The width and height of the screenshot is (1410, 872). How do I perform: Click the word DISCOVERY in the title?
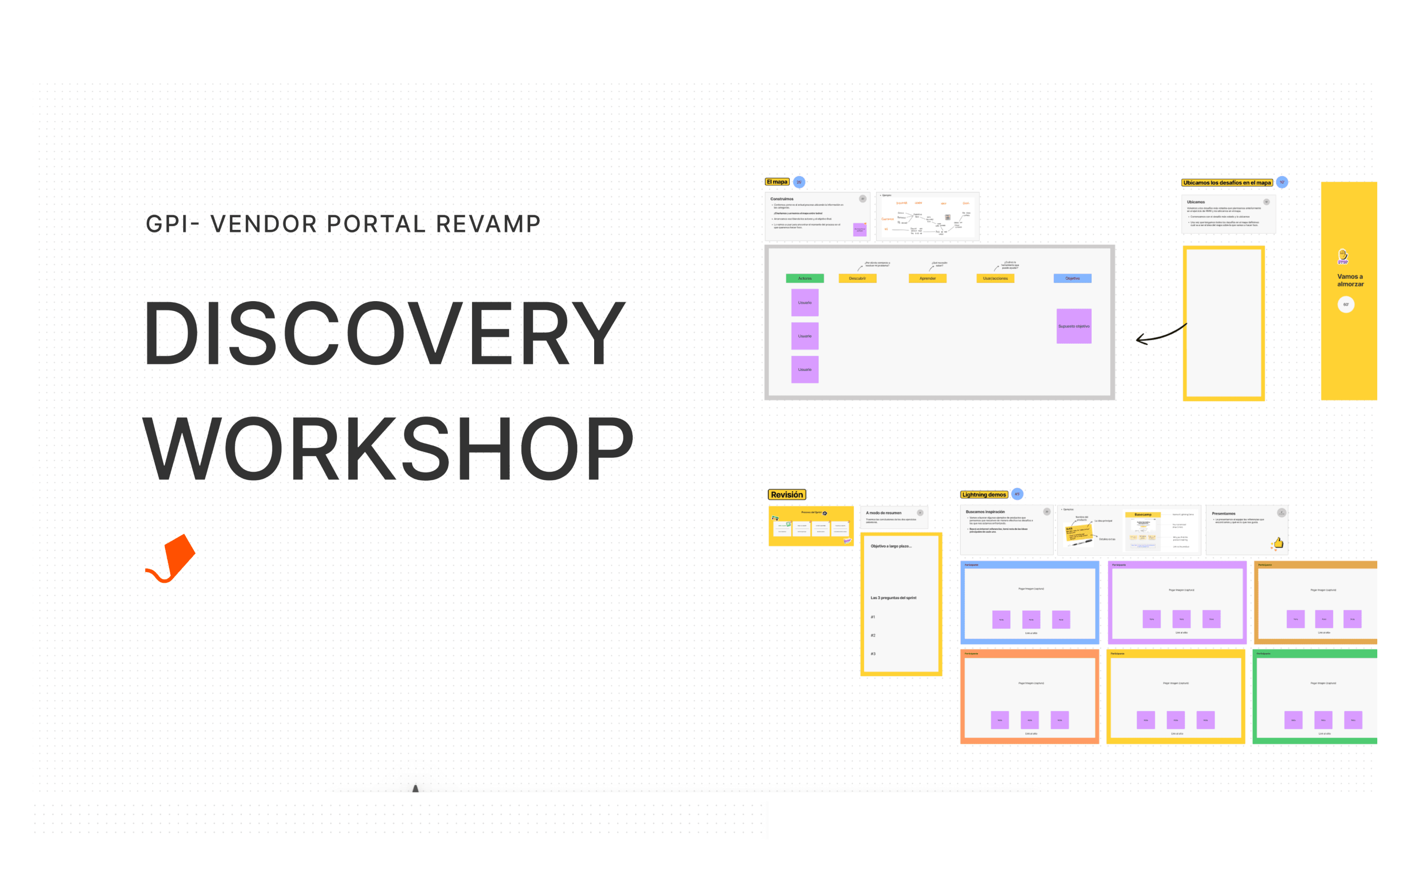(x=384, y=333)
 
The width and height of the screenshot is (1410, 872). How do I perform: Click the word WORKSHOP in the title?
(x=387, y=449)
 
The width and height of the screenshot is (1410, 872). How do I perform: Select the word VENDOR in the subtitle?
(x=263, y=224)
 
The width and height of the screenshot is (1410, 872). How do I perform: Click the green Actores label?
(x=804, y=278)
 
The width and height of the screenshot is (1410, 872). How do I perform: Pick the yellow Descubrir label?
(x=857, y=278)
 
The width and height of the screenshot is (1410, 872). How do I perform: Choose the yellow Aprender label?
(x=927, y=278)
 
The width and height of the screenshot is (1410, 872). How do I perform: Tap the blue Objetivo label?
(x=1072, y=278)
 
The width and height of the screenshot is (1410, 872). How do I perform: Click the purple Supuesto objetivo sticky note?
(x=1073, y=327)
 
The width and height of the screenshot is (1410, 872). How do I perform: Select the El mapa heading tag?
(x=777, y=182)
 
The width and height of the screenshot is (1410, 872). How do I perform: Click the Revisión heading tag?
(x=787, y=495)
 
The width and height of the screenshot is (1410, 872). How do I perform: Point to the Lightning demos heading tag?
(x=983, y=495)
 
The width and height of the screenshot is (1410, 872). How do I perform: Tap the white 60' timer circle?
(x=1345, y=304)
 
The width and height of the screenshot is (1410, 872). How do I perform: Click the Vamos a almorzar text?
(x=1350, y=280)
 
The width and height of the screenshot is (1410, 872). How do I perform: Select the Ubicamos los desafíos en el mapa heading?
(x=1226, y=183)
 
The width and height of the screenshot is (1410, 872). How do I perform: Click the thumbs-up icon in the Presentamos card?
(x=1279, y=543)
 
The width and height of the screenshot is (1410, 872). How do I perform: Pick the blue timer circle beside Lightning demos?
(x=1017, y=494)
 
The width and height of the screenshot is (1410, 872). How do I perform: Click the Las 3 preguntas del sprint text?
(x=894, y=598)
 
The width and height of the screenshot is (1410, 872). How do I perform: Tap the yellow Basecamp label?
(x=1142, y=515)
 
